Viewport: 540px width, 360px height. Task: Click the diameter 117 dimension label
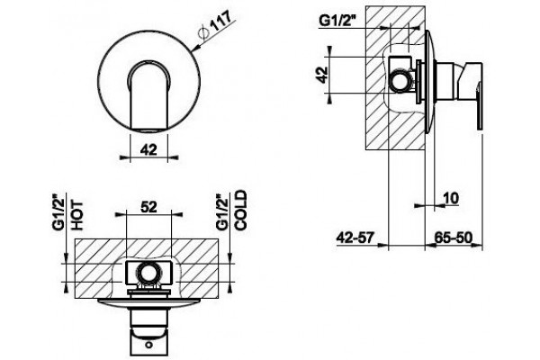click(x=215, y=25)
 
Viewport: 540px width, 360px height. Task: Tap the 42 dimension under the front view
click(x=148, y=149)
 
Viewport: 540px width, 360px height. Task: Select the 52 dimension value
click(x=148, y=207)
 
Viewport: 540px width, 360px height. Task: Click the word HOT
click(x=76, y=215)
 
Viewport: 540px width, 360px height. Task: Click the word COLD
click(x=240, y=210)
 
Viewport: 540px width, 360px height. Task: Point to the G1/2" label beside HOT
click(x=58, y=212)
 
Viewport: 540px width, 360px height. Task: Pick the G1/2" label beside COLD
click(x=221, y=212)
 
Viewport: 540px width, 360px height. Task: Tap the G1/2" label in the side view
click(x=337, y=21)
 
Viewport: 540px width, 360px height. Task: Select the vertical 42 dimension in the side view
click(x=322, y=75)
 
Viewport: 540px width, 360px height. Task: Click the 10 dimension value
click(x=451, y=198)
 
